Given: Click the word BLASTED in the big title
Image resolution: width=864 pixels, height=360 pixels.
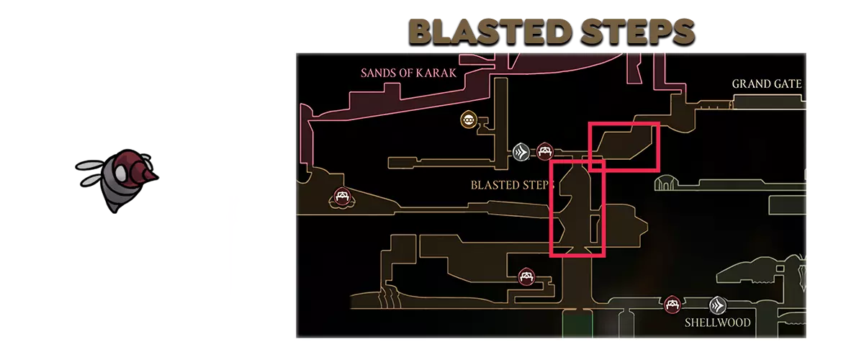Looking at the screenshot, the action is pyautogui.click(x=490, y=32).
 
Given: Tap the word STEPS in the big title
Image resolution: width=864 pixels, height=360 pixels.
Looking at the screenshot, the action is pyautogui.click(x=638, y=32).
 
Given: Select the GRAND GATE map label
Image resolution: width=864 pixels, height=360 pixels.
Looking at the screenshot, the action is pyautogui.click(x=766, y=84).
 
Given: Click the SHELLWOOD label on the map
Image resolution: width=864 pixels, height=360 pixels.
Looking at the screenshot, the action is pyautogui.click(x=717, y=323).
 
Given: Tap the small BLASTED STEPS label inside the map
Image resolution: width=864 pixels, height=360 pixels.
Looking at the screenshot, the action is pyautogui.click(x=512, y=185).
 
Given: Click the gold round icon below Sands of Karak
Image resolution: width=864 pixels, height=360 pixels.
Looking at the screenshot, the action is pyautogui.click(x=469, y=120).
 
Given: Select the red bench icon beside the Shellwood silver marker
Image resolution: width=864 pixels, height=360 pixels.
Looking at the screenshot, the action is pyautogui.click(x=672, y=305).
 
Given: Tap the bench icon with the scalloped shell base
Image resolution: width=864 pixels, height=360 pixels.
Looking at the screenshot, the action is pyautogui.click(x=342, y=197).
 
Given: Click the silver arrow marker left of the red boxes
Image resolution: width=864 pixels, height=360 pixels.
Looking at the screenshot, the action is pyautogui.click(x=521, y=152).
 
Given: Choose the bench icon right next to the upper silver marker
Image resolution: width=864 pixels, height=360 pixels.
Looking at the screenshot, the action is pyautogui.click(x=544, y=152).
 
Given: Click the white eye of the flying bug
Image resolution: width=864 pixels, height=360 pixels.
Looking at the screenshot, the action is pyautogui.click(x=121, y=172).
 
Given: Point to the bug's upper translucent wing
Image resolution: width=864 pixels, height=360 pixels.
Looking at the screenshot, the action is pyautogui.click(x=90, y=165).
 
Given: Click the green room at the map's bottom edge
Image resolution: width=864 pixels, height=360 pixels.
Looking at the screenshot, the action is pyautogui.click(x=577, y=324).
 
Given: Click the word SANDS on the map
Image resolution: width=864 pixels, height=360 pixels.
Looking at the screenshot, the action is pyautogui.click(x=375, y=73).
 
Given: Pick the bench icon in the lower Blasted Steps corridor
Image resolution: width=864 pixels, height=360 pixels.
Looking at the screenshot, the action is pyautogui.click(x=526, y=276).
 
